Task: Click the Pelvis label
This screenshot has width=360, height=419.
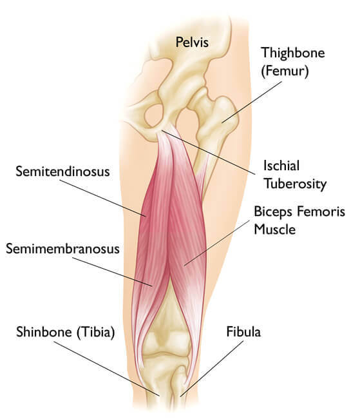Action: coord(192,42)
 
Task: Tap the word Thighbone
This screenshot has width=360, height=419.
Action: coord(293,52)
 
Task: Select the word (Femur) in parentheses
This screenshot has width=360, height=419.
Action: coord(285,71)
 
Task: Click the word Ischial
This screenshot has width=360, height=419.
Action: coord(281,166)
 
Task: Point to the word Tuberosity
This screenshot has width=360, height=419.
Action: coord(296,184)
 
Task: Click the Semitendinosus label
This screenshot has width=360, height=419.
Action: coord(62,171)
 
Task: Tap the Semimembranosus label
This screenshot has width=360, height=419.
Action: coord(62,249)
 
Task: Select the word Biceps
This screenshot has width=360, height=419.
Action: coord(273,212)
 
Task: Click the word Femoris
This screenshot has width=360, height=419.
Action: coord(321,211)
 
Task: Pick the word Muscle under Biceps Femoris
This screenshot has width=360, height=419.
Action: coord(275,229)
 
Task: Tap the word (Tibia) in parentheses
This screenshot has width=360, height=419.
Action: coord(95,332)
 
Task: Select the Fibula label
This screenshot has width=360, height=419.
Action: coord(243,331)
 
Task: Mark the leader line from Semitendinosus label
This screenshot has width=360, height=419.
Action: coord(102,198)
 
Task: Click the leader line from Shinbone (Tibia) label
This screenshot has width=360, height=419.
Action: coord(106,369)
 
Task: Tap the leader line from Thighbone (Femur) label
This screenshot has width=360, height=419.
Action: coord(252,102)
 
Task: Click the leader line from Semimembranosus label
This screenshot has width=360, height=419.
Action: coord(112,272)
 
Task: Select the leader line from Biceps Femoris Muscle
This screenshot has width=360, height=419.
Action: coord(216,243)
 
